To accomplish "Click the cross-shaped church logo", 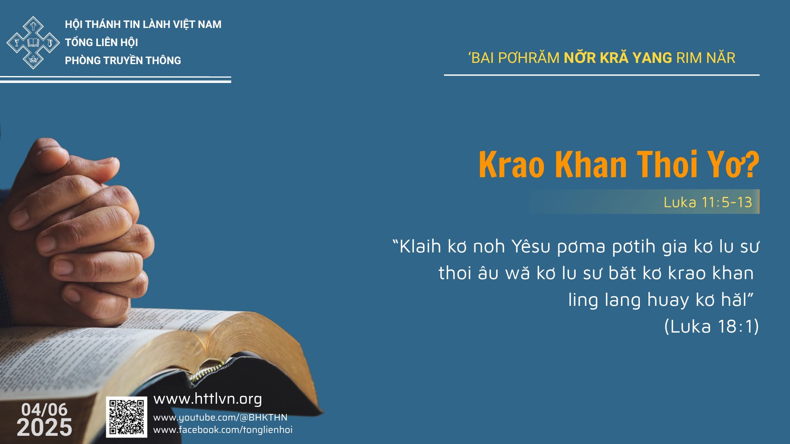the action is [x=33, y=42].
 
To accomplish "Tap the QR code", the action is [x=126, y=417].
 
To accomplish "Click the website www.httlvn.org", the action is [x=208, y=399].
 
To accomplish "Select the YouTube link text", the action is [x=220, y=418].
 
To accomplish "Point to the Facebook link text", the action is [x=223, y=430].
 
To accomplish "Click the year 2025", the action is [x=44, y=428].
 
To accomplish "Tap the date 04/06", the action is [x=44, y=409].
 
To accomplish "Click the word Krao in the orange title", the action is [x=512, y=165].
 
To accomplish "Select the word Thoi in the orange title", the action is [x=671, y=165].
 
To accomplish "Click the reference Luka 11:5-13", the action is [x=708, y=202].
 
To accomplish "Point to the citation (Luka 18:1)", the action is [x=711, y=326].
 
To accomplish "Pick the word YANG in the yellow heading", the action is [x=652, y=58].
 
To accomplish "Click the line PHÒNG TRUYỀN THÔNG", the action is [x=123, y=60].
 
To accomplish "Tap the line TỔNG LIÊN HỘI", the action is [x=102, y=42].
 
